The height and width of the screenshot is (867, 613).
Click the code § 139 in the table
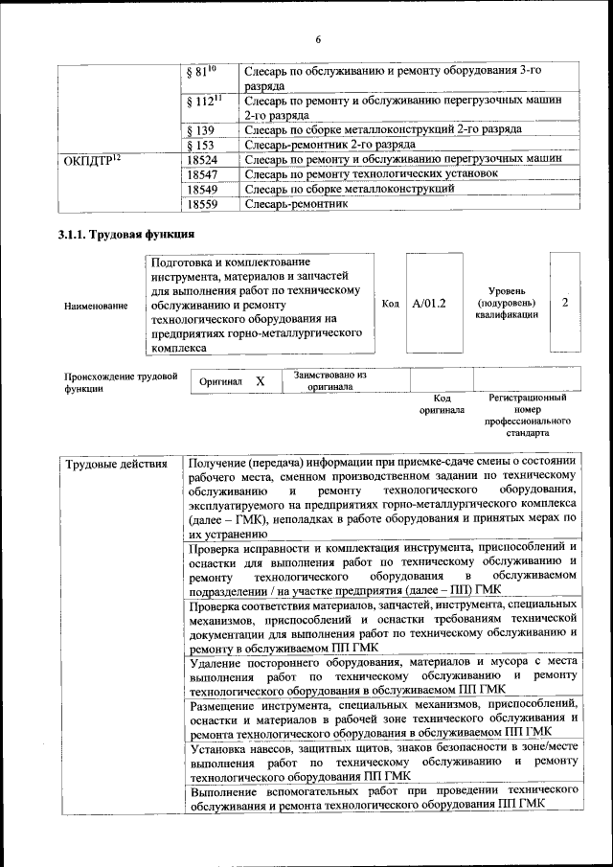pyautogui.click(x=200, y=129)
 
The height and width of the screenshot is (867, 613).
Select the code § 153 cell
pyautogui.click(x=200, y=145)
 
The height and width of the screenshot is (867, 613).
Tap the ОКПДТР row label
pyautogui.click(x=93, y=160)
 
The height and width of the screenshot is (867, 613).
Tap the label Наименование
pyautogui.click(x=96, y=306)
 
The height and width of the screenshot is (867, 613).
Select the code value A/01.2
pyautogui.click(x=429, y=304)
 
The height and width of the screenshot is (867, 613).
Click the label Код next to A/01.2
pyautogui.click(x=390, y=304)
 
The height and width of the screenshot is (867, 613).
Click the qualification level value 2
pyautogui.click(x=565, y=303)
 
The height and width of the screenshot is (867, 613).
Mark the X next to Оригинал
pyautogui.click(x=260, y=381)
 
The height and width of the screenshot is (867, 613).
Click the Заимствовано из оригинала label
pyautogui.click(x=329, y=381)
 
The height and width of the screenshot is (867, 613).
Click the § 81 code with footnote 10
pyautogui.click(x=201, y=72)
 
